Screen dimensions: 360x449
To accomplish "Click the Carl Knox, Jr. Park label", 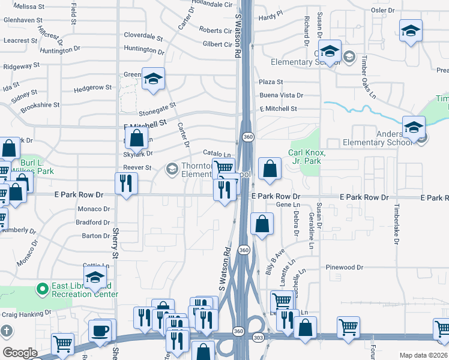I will tap(307, 157).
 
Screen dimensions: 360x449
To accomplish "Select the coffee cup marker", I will tap(100, 331).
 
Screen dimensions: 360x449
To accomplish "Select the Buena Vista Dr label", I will tap(281, 95).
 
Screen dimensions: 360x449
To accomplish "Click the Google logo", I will tap(20, 353).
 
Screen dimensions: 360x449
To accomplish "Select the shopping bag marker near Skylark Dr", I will tap(137, 138).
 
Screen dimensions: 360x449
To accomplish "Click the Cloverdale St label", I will tap(143, 35).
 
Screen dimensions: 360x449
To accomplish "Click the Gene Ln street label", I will tap(283, 205).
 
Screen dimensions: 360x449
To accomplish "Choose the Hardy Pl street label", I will tap(271, 19).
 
